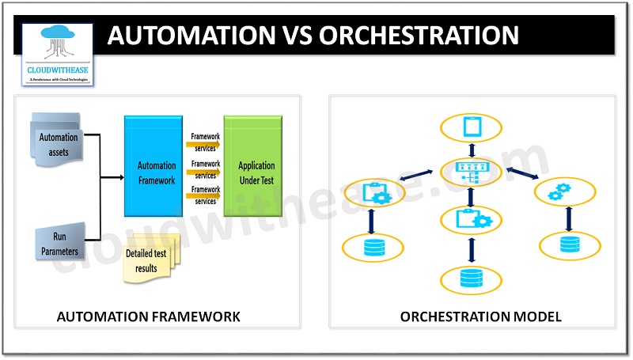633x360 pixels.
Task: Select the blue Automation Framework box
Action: [156, 166]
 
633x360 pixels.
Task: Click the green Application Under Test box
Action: [256, 166]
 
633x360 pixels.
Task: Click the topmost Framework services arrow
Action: [205, 143]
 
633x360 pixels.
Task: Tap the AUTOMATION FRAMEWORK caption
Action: [148, 316]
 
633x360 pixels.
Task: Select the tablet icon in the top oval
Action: [472, 127]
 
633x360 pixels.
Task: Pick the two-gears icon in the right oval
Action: [565, 192]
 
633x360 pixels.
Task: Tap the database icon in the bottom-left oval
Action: [373, 247]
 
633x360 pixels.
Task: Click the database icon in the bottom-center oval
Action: [472, 278]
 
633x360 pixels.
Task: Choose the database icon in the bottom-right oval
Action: [569, 244]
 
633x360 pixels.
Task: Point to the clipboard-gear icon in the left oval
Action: [373, 192]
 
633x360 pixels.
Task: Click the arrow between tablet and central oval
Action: [472, 150]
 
